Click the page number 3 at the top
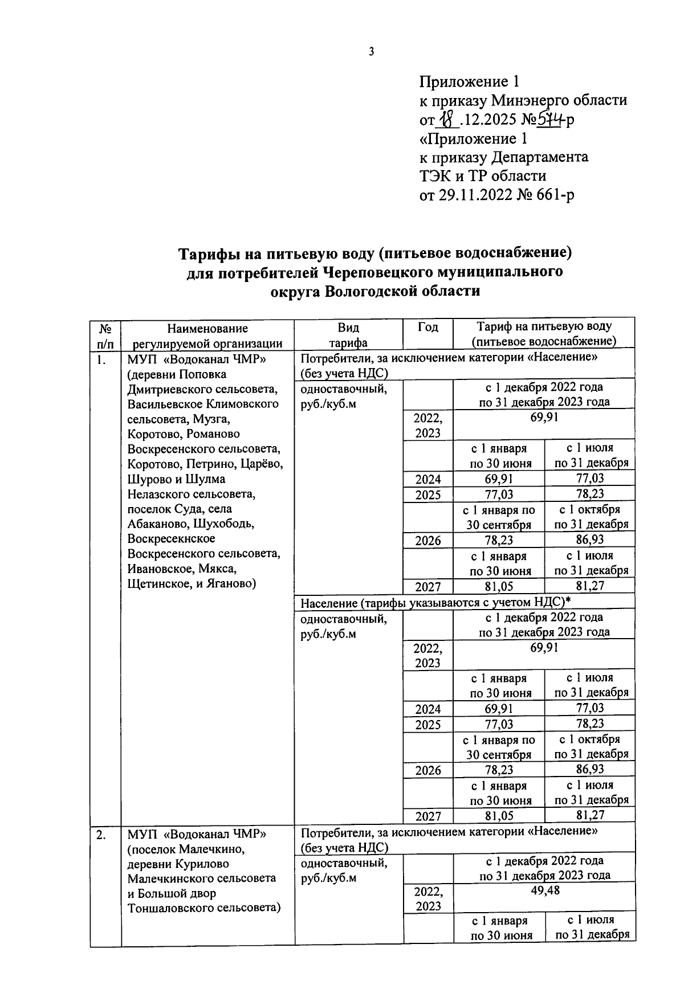371,52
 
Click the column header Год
427,327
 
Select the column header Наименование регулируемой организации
207,336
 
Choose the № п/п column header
105,336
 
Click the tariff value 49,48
544,890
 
